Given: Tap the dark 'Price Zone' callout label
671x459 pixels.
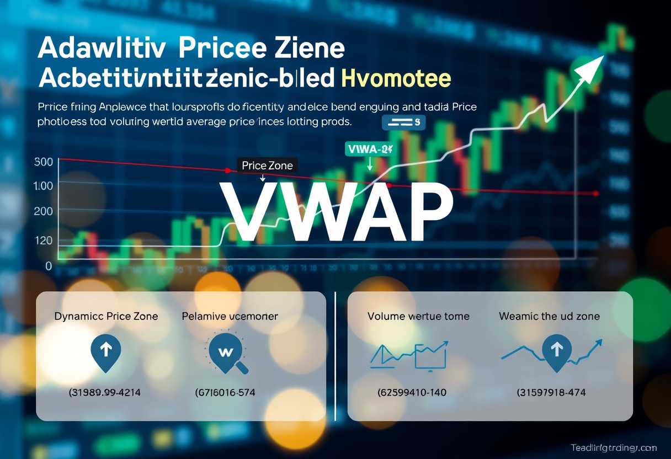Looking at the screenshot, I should [268, 165].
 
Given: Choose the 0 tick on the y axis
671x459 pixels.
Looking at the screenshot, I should [49, 266].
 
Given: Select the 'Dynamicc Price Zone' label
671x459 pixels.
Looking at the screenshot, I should [106, 317].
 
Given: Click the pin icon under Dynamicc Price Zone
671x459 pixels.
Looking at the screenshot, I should [105, 350].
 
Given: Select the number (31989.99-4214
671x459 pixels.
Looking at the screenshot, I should [105, 393].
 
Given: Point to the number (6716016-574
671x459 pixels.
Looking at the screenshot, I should [225, 393].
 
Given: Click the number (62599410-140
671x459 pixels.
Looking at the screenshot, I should [412, 393].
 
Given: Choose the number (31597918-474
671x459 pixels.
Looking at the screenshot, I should [551, 393].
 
